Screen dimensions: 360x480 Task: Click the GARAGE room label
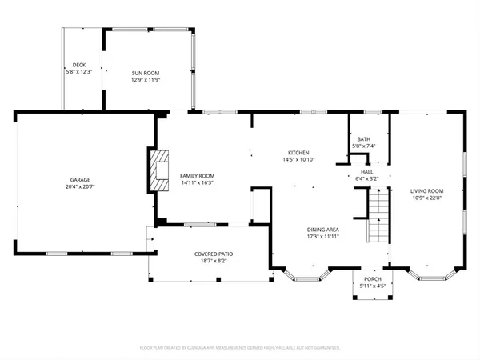(x=78, y=180)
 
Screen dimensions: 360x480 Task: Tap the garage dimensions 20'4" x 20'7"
(x=78, y=187)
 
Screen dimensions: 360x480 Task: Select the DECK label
(x=78, y=65)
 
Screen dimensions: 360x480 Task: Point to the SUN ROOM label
(x=146, y=73)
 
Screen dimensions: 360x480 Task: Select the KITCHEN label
(x=298, y=153)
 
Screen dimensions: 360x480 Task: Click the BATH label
(x=364, y=139)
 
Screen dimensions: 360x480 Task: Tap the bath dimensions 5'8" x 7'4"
(x=364, y=146)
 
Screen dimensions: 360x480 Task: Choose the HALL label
(x=366, y=171)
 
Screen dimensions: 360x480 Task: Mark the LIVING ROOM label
(x=426, y=190)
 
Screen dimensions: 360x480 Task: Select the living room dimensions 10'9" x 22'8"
(x=426, y=198)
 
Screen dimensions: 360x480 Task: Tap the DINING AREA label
(x=323, y=229)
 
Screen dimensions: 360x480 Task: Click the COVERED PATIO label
(x=212, y=254)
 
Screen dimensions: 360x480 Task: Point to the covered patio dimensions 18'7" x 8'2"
(x=212, y=261)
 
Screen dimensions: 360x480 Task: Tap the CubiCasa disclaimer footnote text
(x=240, y=348)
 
